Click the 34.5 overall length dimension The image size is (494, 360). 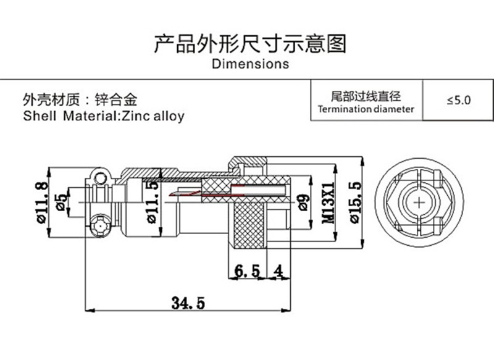click(x=188, y=303)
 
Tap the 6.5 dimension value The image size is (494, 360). click(x=248, y=271)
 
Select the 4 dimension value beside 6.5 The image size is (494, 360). click(x=278, y=271)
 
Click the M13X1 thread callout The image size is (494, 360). click(x=329, y=203)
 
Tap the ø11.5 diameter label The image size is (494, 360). click(x=153, y=202)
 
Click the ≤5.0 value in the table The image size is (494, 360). click(x=458, y=100)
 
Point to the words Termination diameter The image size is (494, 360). click(x=366, y=109)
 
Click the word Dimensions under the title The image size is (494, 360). click(x=251, y=64)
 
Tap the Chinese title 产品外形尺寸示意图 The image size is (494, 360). click(x=250, y=44)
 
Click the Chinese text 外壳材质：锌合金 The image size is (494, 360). click(x=80, y=100)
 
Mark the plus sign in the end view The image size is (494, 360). click(x=419, y=202)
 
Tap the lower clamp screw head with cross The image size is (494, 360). click(x=100, y=225)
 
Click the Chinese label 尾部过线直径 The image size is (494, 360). click(x=366, y=96)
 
